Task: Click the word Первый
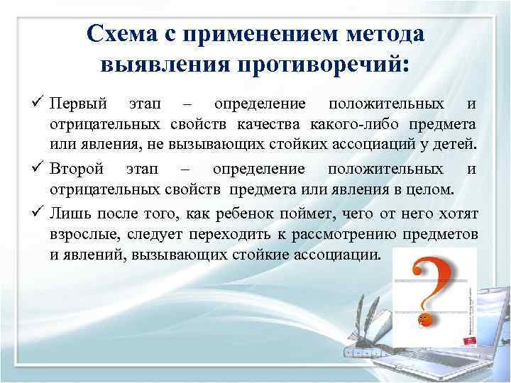coord(79,106)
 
